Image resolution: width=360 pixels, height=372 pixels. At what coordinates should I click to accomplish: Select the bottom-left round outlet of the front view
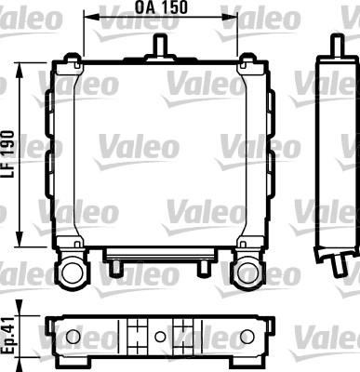point(73,272)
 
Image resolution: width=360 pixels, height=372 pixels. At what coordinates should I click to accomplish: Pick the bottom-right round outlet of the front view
point(247,272)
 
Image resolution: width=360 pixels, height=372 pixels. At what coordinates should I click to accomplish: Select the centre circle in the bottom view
point(160,336)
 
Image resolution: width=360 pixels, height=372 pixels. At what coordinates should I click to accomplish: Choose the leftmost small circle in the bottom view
point(71,336)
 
